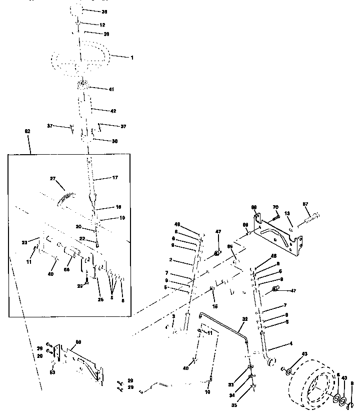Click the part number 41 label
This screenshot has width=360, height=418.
pyautogui.click(x=111, y=89)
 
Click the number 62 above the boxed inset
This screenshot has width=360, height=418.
pyautogui.click(x=27, y=131)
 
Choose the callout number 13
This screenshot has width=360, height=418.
pyautogui.click(x=287, y=213)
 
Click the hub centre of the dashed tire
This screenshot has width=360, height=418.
pyautogui.click(x=316, y=386)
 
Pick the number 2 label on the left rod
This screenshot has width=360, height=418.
pyautogui.click(x=171, y=260)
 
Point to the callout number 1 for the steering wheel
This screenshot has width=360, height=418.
pyautogui.click(x=132, y=58)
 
